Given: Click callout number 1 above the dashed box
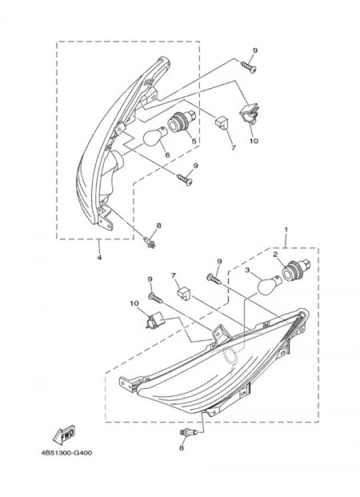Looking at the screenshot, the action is pos(286,229).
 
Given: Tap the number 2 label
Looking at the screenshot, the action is pos(275,254).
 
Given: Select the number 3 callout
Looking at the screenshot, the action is pos(247,270).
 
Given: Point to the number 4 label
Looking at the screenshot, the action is pos(99,258).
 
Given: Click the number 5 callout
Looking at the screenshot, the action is pos(194,141).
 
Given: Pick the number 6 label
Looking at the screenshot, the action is pos(167,155).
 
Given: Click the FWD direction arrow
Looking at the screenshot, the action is pos(63,434).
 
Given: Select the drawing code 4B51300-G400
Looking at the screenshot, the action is pos(67,452).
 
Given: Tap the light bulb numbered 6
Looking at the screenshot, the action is pos(155,135).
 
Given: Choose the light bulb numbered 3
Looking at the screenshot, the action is pos(269,285).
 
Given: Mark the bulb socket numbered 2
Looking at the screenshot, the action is pos(296,270).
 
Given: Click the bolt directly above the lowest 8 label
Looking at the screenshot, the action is pos(189,432).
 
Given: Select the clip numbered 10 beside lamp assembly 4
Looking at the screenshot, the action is pos(249,114).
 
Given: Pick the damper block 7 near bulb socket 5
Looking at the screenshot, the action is pos(222,122).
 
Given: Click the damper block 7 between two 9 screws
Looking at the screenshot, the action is pos(183,292).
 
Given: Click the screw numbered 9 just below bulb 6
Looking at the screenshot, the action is pos(185,179).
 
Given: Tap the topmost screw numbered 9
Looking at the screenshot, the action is pos(249,67).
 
